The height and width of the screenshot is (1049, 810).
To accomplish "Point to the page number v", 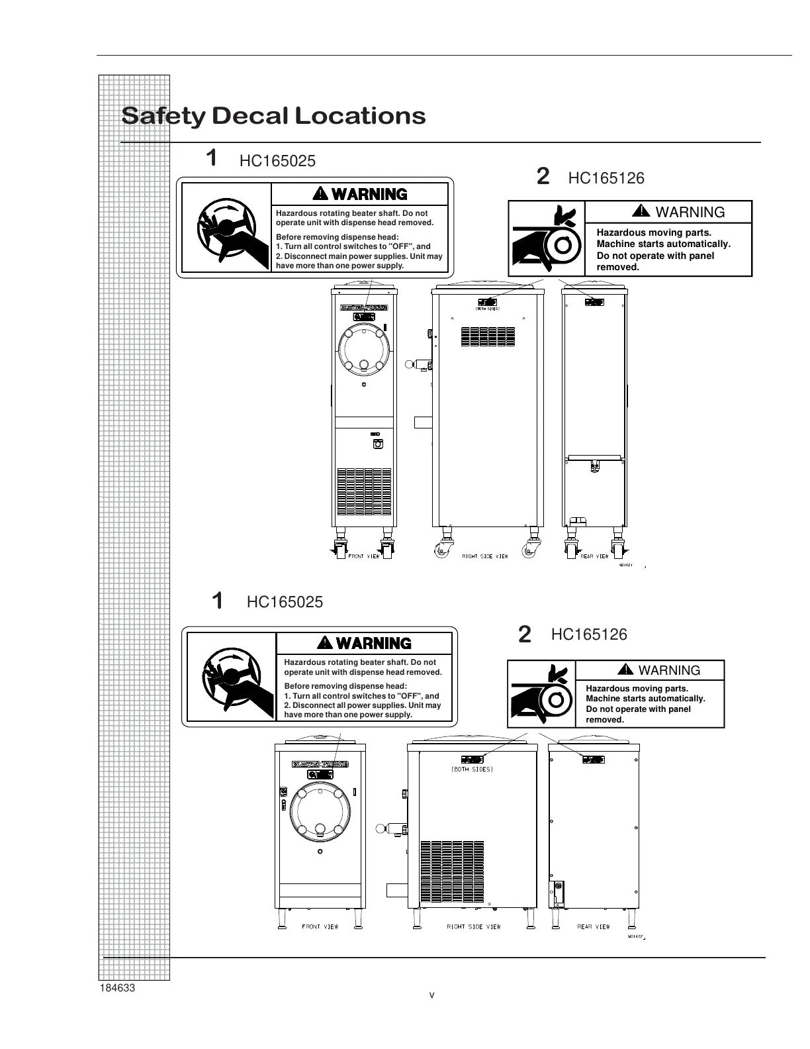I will click(431, 995).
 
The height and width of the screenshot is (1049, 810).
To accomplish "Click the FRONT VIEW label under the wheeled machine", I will click(364, 556).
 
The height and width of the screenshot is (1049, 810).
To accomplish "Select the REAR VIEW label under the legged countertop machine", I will click(594, 926).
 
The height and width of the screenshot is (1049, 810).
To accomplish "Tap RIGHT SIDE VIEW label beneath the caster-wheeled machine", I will click(485, 556).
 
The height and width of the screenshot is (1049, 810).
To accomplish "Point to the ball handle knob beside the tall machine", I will click(410, 363).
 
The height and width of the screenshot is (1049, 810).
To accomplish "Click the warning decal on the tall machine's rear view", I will click(594, 302).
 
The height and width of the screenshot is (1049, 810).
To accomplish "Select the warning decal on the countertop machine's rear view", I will click(593, 759).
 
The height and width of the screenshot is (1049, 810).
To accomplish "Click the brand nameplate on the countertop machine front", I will click(320, 764).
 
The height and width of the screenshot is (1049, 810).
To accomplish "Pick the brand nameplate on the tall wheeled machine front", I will click(363, 307).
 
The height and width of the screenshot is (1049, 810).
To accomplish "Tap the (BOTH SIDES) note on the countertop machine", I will click(472, 770).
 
